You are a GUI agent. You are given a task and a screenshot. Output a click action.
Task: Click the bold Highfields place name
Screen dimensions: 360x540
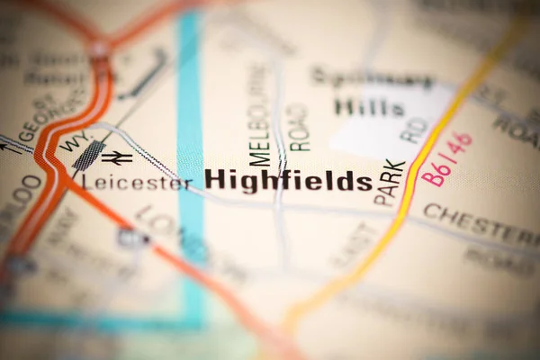tap(288, 179)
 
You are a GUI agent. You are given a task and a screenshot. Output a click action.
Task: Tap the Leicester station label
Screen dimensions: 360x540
tap(137, 182)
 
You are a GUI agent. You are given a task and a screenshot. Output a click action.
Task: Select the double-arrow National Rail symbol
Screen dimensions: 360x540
tap(117, 157)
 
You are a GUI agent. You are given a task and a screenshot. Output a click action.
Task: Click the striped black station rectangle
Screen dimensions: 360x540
tap(88, 156)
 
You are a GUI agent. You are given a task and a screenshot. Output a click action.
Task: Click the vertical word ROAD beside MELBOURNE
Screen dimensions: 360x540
tap(298, 127)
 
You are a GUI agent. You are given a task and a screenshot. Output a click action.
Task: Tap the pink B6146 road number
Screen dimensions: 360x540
tap(447, 158)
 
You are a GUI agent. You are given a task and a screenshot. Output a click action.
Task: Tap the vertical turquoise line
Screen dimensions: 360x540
tap(190, 135)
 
